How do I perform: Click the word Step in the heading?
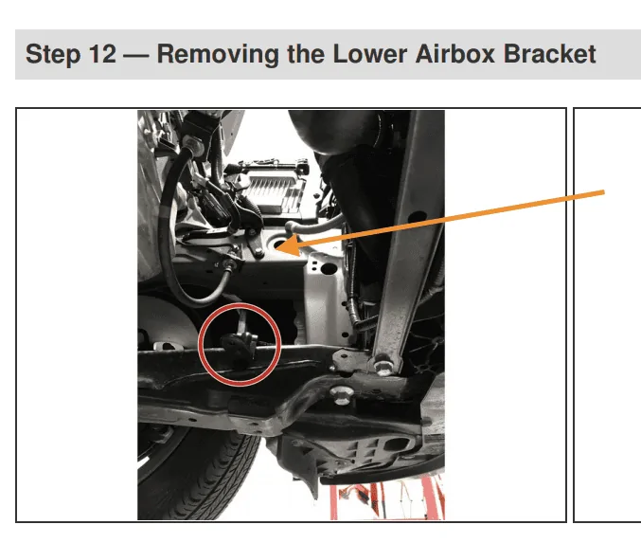52,55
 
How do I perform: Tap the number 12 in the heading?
102,54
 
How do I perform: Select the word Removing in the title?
218,55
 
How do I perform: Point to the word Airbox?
455,54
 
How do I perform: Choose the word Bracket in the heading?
549,54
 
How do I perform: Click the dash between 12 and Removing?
136,56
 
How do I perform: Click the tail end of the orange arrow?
603,192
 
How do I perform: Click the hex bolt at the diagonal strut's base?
383,366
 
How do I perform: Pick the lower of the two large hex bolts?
342,394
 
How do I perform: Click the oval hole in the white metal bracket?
329,268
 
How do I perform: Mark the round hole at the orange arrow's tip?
277,244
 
